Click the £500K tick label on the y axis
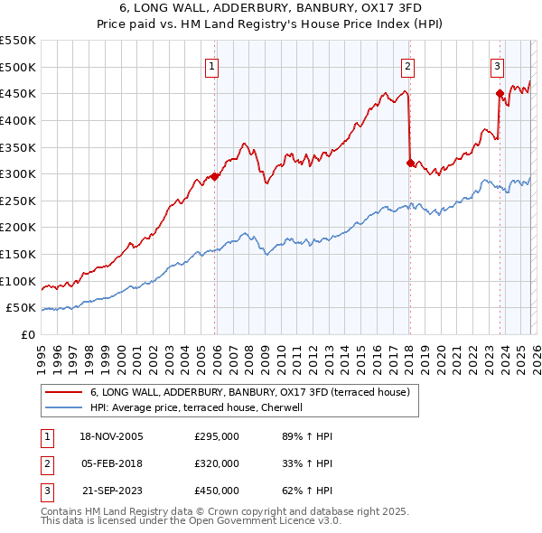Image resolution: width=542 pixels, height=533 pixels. click(x=17, y=67)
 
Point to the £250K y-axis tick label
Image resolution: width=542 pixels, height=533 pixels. click(x=17, y=201)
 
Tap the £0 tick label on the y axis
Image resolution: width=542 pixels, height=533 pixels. click(x=27, y=334)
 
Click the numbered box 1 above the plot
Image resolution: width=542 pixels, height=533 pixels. click(x=211, y=65)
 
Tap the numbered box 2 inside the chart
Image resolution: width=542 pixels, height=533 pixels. click(x=407, y=65)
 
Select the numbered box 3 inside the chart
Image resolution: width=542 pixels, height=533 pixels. click(x=497, y=65)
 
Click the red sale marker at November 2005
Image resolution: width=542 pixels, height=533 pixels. click(x=215, y=177)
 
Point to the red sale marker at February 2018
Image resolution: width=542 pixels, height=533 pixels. click(x=410, y=164)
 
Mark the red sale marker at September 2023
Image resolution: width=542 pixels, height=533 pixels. click(x=500, y=93)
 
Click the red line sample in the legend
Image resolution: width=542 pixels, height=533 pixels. click(x=64, y=393)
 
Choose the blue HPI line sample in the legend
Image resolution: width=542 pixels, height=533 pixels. click(x=64, y=407)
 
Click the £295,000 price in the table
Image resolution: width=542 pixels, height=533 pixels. click(x=217, y=436)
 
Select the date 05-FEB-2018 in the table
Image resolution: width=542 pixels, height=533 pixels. click(x=112, y=463)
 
